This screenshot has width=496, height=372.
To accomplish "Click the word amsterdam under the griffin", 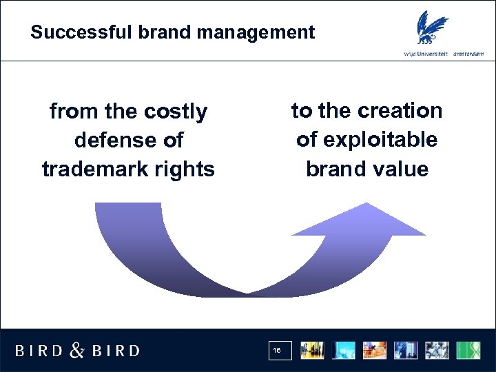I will (x=471, y=54).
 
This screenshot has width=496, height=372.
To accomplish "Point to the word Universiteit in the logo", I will (x=431, y=54).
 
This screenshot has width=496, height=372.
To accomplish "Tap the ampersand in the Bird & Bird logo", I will (x=78, y=351).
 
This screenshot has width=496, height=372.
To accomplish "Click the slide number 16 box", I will (x=280, y=351).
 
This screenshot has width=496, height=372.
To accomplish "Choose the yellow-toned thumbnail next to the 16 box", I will (x=313, y=350).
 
